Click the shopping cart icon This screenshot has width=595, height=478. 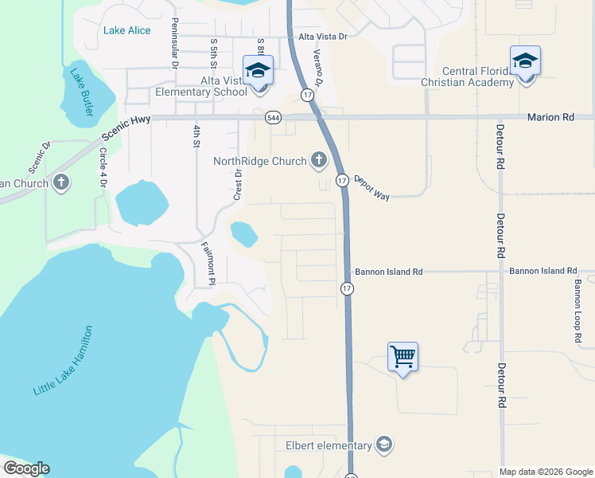403,356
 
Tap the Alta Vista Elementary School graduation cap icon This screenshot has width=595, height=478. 258,69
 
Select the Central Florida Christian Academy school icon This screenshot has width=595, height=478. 525,61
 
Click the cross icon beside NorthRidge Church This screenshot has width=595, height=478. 318,161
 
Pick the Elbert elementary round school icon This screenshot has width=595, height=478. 384,445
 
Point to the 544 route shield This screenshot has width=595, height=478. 273,117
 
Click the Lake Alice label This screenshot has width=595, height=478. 126,30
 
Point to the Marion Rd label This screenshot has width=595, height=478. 550,117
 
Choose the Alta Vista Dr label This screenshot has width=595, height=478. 323,37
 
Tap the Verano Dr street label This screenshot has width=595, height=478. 317,67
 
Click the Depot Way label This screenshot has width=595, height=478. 371,188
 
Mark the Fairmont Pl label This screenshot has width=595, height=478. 208,264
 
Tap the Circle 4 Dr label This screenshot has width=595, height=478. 103,168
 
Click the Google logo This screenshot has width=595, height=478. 26,468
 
